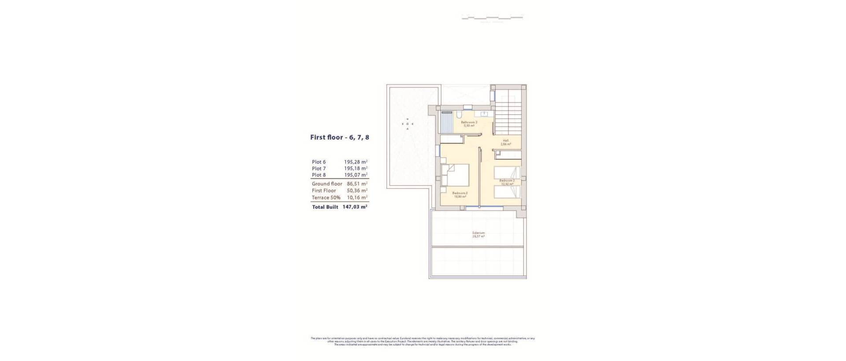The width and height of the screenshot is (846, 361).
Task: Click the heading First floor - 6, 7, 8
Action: pyautogui.click(x=339, y=137)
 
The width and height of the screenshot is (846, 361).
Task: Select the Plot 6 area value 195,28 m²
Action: pyautogui.click(x=356, y=162)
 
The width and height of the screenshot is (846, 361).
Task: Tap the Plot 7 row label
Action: pyautogui.click(x=319, y=169)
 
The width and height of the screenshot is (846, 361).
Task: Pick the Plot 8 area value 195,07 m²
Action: pyautogui.click(x=356, y=175)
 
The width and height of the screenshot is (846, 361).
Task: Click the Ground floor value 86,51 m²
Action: pyautogui.click(x=357, y=184)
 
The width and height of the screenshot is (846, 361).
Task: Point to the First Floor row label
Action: pyautogui.click(x=324, y=191)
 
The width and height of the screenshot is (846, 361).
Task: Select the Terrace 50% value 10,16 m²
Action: pyautogui.click(x=357, y=198)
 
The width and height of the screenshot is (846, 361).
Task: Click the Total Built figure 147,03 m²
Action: pyautogui.click(x=355, y=207)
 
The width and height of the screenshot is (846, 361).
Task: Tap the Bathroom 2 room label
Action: pyautogui.click(x=469, y=122)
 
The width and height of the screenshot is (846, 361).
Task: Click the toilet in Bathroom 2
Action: pyautogui.click(x=459, y=115)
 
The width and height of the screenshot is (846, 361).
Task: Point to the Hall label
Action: pyautogui.click(x=505, y=141)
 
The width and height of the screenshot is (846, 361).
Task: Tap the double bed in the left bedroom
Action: pyautogui.click(x=456, y=175)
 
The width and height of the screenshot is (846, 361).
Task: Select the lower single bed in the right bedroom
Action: pyautogui.click(x=507, y=192)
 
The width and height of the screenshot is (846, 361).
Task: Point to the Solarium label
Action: pyautogui.click(x=478, y=233)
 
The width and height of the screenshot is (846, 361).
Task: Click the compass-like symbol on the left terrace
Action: pyautogui.click(x=408, y=124)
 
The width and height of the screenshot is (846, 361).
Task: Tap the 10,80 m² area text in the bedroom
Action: pyautogui.click(x=460, y=197)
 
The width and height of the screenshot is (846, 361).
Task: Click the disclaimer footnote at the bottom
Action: pyautogui.click(x=423, y=341)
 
